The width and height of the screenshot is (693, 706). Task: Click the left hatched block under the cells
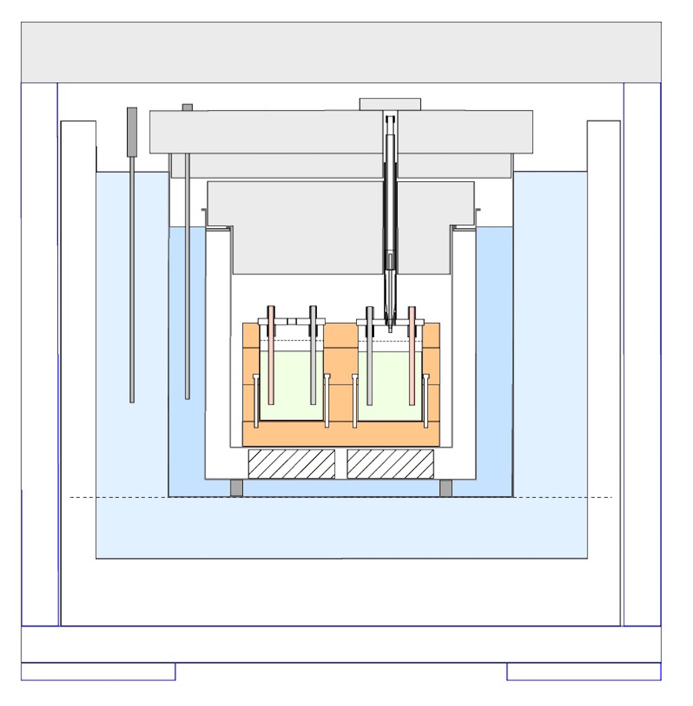point(291,464)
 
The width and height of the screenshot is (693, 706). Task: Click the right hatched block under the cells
point(390,464)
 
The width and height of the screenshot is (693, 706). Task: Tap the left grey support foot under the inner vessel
point(237,487)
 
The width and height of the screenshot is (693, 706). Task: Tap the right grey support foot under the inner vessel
point(446,487)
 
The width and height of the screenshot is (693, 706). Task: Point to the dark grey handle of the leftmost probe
point(132,131)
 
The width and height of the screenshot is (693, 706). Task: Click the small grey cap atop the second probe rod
point(187,107)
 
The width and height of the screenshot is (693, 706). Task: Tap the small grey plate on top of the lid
point(390,104)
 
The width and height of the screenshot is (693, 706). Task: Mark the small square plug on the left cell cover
point(292,321)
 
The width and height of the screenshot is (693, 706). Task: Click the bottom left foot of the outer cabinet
point(98,672)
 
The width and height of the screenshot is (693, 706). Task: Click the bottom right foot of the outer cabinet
point(584,672)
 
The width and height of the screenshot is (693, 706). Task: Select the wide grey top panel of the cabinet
point(341,52)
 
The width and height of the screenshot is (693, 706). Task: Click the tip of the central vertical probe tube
point(390,329)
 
